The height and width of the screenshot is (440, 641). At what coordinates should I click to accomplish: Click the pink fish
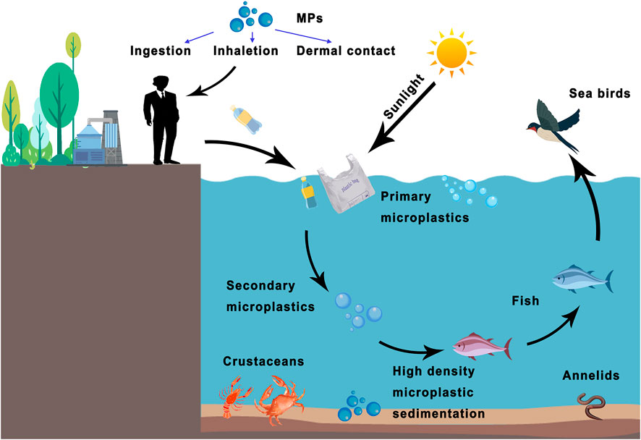[x=480, y=346]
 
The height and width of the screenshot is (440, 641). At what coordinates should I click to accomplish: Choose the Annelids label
[x=590, y=375]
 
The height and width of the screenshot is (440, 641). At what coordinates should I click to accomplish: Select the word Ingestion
[x=161, y=51]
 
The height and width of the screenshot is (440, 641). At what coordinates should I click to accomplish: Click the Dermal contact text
[x=346, y=51]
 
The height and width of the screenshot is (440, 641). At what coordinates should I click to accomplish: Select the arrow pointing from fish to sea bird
[x=593, y=203]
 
